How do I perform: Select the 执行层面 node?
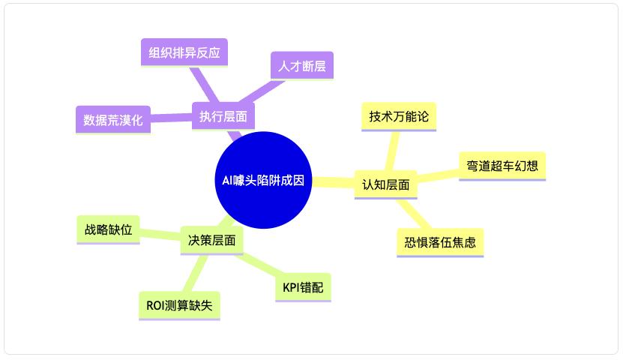tap(223, 116)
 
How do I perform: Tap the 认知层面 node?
tap(385, 184)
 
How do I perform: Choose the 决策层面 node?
tap(212, 241)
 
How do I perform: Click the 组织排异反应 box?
tap(184, 52)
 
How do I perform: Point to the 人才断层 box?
tap(301, 65)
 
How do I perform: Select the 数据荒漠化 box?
tap(113, 119)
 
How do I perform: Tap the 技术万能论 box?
tap(398, 116)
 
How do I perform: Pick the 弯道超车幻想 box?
tap(502, 166)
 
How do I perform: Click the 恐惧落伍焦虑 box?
tap(439, 242)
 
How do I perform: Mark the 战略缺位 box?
tap(109, 229)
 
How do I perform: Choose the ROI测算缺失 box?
tap(179, 305)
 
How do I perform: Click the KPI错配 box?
tap(303, 287)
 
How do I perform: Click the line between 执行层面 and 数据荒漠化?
tap(171, 118)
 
